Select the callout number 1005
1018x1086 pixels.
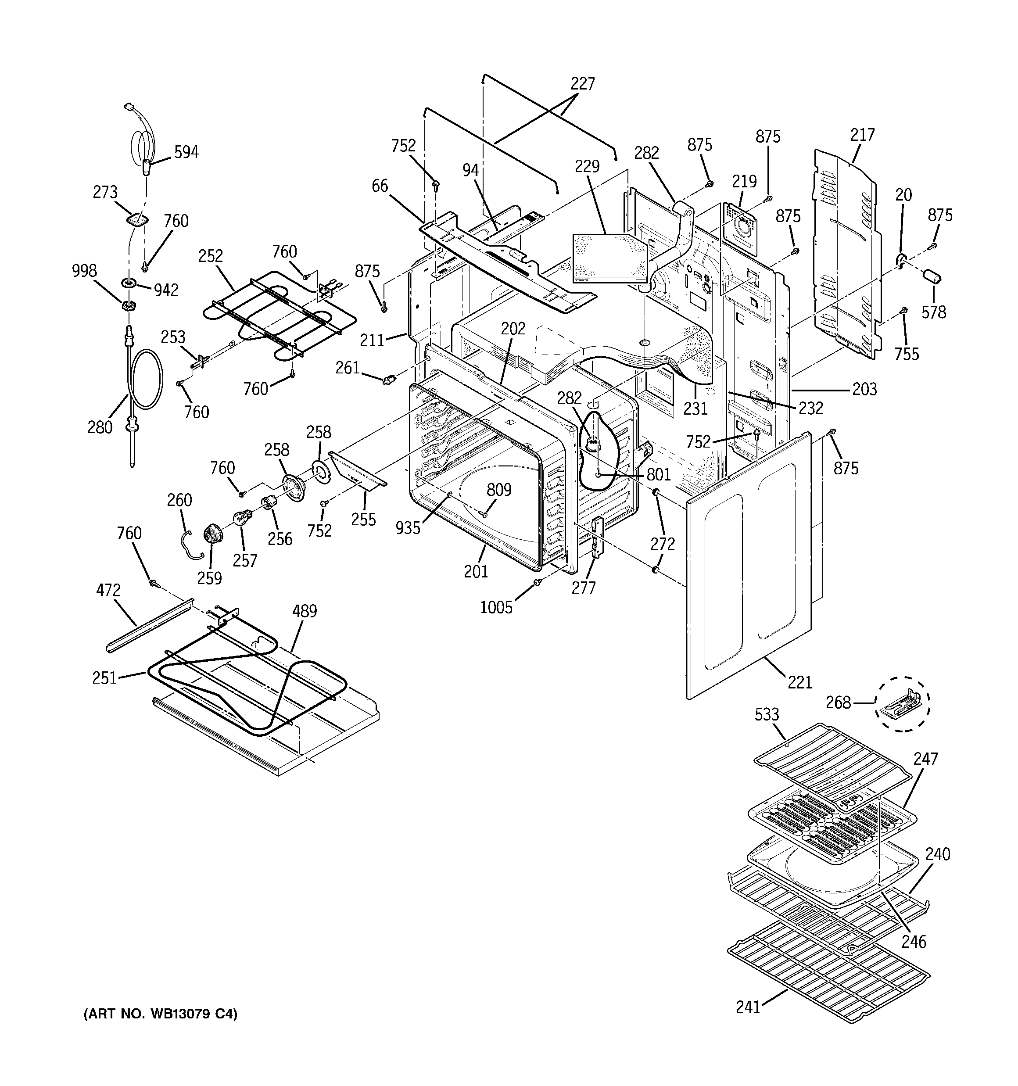tap(496, 607)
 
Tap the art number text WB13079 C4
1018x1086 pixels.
tap(160, 1014)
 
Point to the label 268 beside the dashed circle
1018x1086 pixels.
tap(854, 702)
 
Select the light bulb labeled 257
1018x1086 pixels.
tap(242, 516)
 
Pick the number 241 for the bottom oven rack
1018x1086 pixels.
tap(748, 1007)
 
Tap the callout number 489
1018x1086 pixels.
tap(305, 611)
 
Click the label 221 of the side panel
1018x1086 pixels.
tap(799, 682)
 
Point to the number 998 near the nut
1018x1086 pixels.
tap(85, 271)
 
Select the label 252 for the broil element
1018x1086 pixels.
tap(211, 256)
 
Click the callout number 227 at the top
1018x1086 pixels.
tap(582, 83)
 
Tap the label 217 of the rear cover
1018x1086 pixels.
tap(862, 135)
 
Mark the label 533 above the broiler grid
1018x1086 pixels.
tap(767, 714)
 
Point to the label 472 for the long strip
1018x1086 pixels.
tap(108, 590)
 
